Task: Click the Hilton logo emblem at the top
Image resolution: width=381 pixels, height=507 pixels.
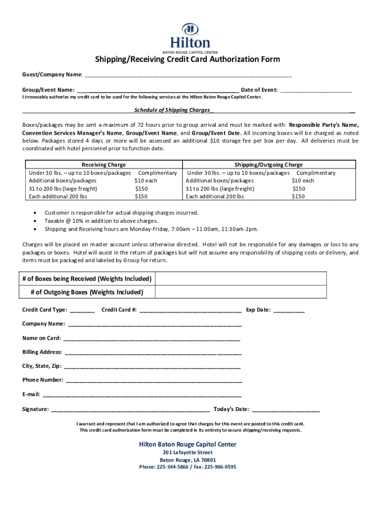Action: coord(190,29)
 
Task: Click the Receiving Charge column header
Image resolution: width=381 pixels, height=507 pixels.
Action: coord(103,164)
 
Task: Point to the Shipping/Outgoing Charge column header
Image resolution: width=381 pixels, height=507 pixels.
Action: coord(269,164)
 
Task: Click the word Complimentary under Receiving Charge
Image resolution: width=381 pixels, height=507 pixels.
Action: coord(157,173)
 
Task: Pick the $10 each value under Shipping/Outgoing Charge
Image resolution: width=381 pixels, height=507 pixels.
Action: coord(303,181)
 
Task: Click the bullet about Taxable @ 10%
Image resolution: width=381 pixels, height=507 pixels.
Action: coord(101,221)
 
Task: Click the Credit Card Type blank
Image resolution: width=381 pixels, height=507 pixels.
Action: coord(82,311)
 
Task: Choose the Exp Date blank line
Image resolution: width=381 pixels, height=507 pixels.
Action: coord(289,311)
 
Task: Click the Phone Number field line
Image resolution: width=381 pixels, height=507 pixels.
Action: coord(154,381)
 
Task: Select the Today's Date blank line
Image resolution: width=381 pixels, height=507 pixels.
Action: coord(286,410)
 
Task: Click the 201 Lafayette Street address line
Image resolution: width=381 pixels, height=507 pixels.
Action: coord(188,453)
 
